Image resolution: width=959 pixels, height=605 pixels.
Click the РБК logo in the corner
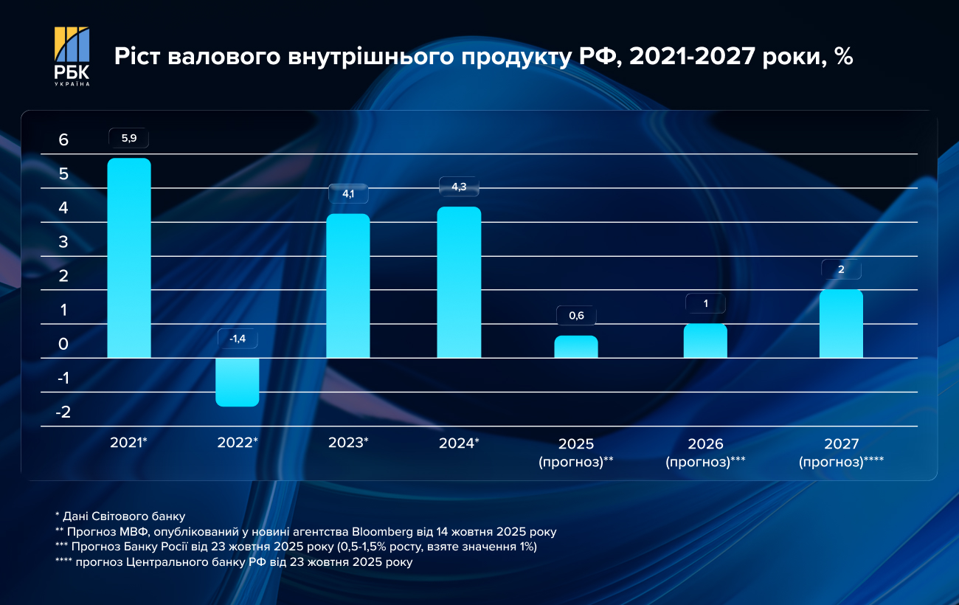(x=72, y=56)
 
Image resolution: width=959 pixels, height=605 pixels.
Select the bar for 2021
(x=129, y=258)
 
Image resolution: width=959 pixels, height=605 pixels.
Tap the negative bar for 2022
(x=238, y=381)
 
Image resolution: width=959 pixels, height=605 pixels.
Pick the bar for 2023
(x=348, y=286)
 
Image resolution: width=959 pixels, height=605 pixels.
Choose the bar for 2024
(x=459, y=282)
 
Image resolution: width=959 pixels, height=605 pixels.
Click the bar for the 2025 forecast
(x=576, y=347)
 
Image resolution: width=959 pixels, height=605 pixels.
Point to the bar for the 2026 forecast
(x=705, y=341)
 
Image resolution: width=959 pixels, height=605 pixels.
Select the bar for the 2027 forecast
(x=841, y=323)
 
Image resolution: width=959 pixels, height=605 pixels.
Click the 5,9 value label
(x=129, y=138)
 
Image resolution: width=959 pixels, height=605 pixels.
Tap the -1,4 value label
(x=238, y=339)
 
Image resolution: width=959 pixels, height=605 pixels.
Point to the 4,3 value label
(x=459, y=187)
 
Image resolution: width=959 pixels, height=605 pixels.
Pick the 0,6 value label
(x=576, y=316)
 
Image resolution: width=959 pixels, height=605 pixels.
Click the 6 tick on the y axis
(x=63, y=140)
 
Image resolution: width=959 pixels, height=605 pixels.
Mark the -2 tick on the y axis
(x=63, y=412)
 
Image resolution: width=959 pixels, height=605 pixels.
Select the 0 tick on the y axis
(x=63, y=344)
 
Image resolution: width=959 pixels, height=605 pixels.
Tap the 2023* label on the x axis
(x=348, y=443)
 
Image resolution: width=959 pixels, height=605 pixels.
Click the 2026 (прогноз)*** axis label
(x=705, y=453)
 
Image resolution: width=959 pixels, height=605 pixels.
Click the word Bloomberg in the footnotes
(x=383, y=531)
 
